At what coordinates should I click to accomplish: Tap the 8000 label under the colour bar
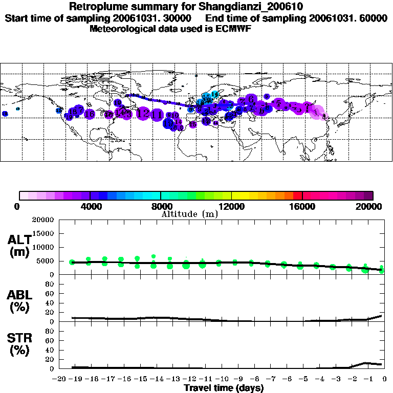(160, 206)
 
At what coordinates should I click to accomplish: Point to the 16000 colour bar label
(302, 206)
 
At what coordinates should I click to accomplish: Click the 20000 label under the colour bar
(373, 206)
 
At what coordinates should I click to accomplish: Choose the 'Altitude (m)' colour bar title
(189, 214)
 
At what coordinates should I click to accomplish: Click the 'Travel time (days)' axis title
(224, 388)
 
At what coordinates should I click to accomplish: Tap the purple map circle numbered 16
(90, 114)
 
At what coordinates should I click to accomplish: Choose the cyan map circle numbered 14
(215, 94)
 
